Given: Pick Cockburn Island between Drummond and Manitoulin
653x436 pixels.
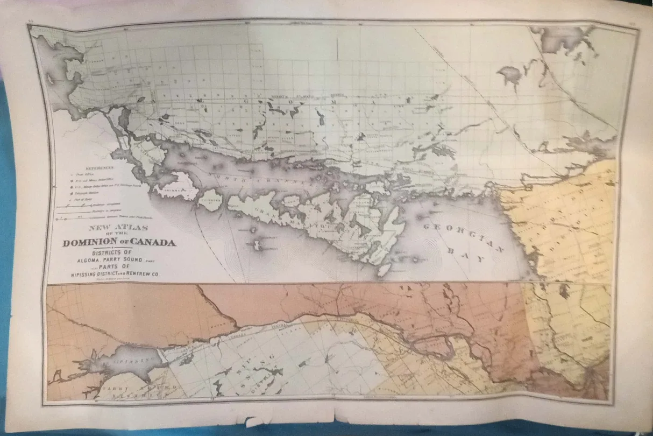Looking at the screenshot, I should [x=210, y=200].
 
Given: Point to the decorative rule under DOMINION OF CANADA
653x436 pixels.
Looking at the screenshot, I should [x=119, y=248].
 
